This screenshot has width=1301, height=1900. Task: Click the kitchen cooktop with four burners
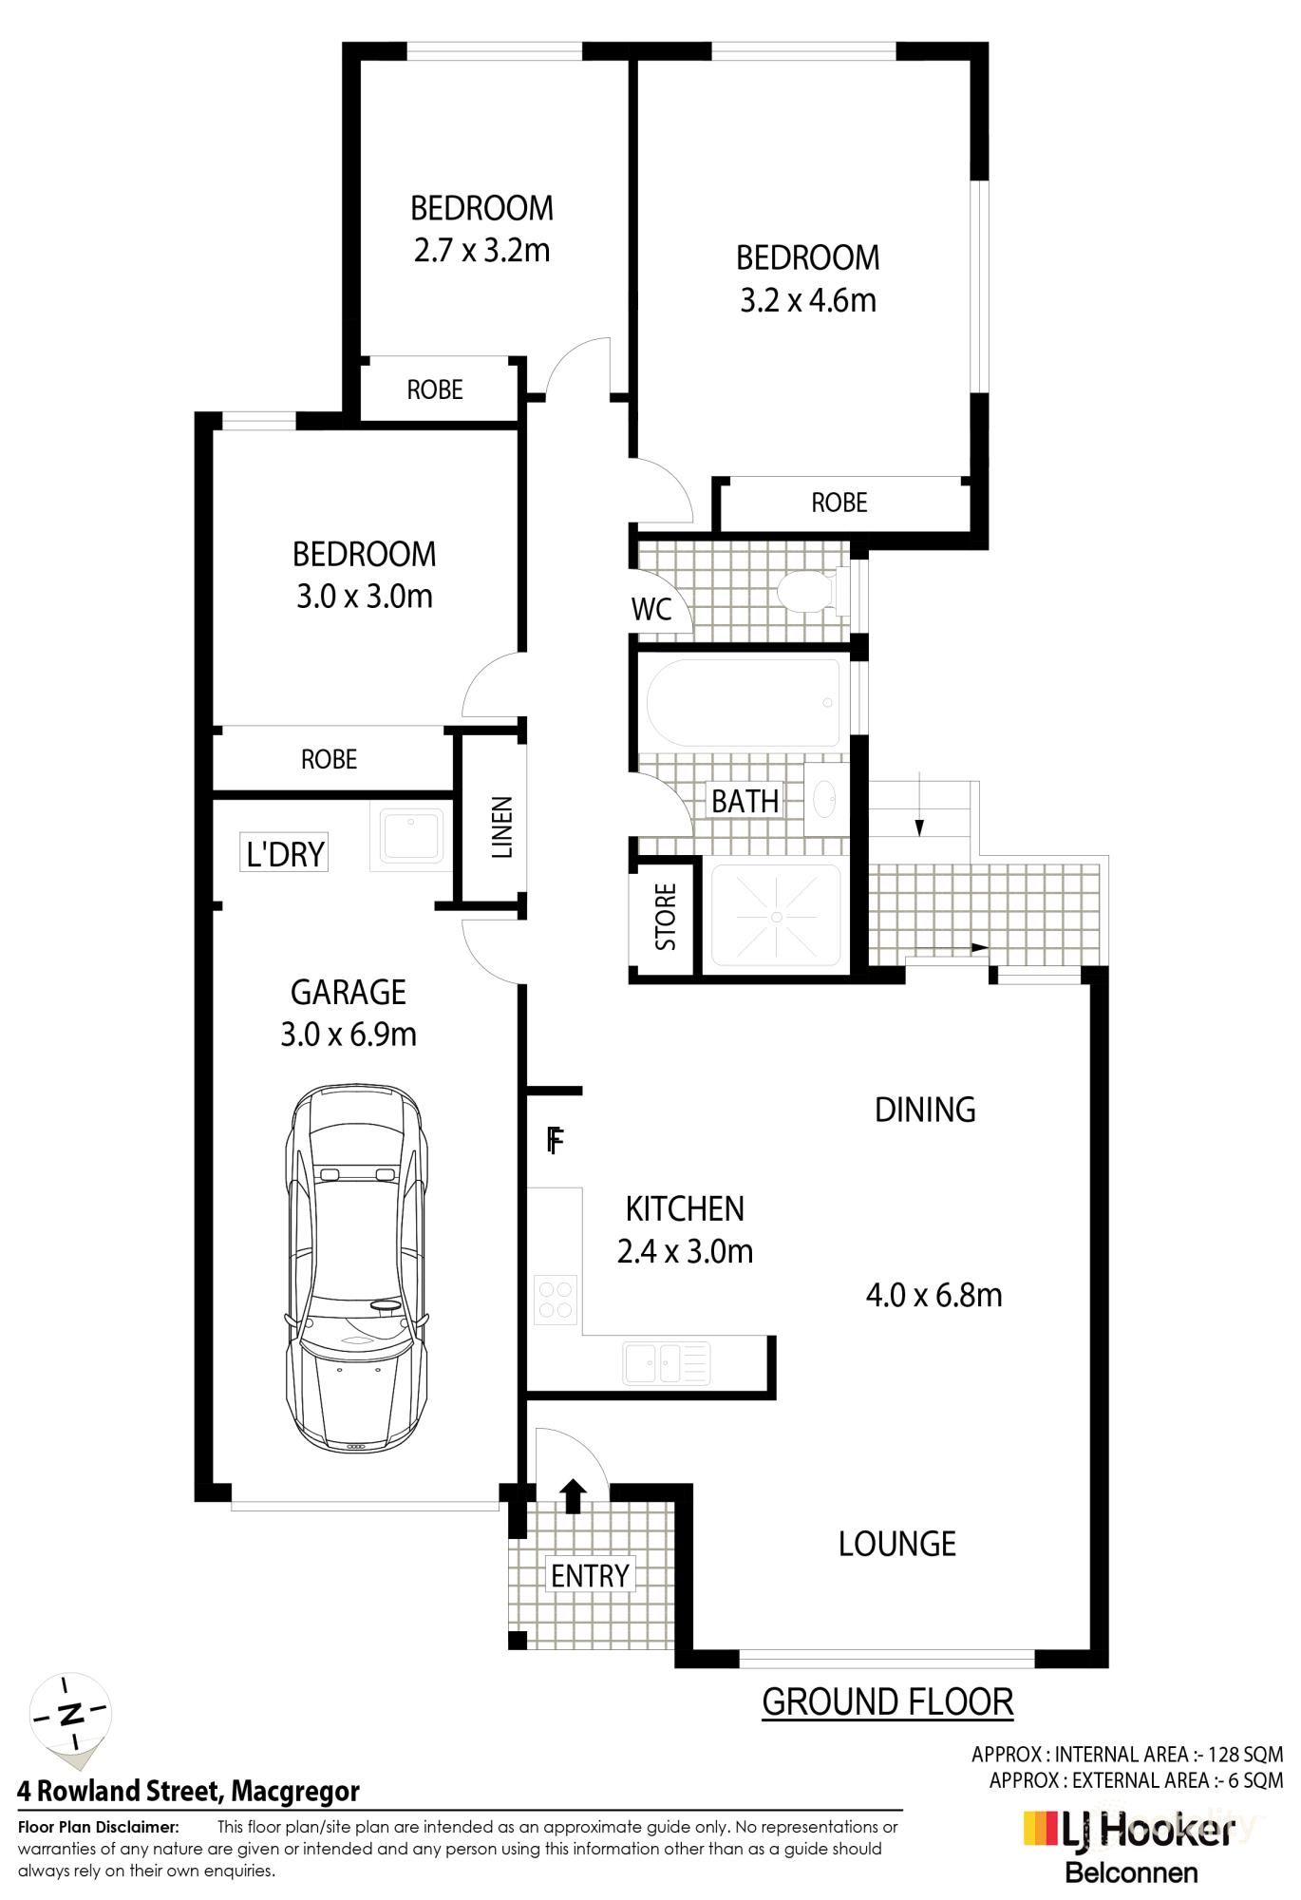[x=555, y=1300]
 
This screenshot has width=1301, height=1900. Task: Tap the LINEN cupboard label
[x=501, y=826]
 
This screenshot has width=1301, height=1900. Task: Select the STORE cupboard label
[x=666, y=917]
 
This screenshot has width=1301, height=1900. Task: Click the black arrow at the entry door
[x=572, y=1494]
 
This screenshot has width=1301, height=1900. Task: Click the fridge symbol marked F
[x=556, y=1140]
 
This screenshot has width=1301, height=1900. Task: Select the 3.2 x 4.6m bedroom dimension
[x=807, y=300]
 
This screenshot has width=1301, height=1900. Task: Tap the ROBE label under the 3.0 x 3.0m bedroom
[x=329, y=759]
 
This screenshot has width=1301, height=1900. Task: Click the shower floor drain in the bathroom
[x=776, y=917]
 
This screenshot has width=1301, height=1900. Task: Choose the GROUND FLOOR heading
[x=887, y=1701]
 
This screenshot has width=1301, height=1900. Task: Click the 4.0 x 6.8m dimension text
[x=933, y=1295]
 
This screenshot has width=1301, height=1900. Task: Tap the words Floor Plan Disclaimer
[x=98, y=1827]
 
